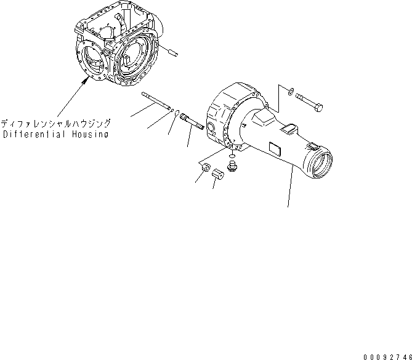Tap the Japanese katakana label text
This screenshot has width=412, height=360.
click(x=56, y=122)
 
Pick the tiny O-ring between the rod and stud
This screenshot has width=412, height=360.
click(x=178, y=113)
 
